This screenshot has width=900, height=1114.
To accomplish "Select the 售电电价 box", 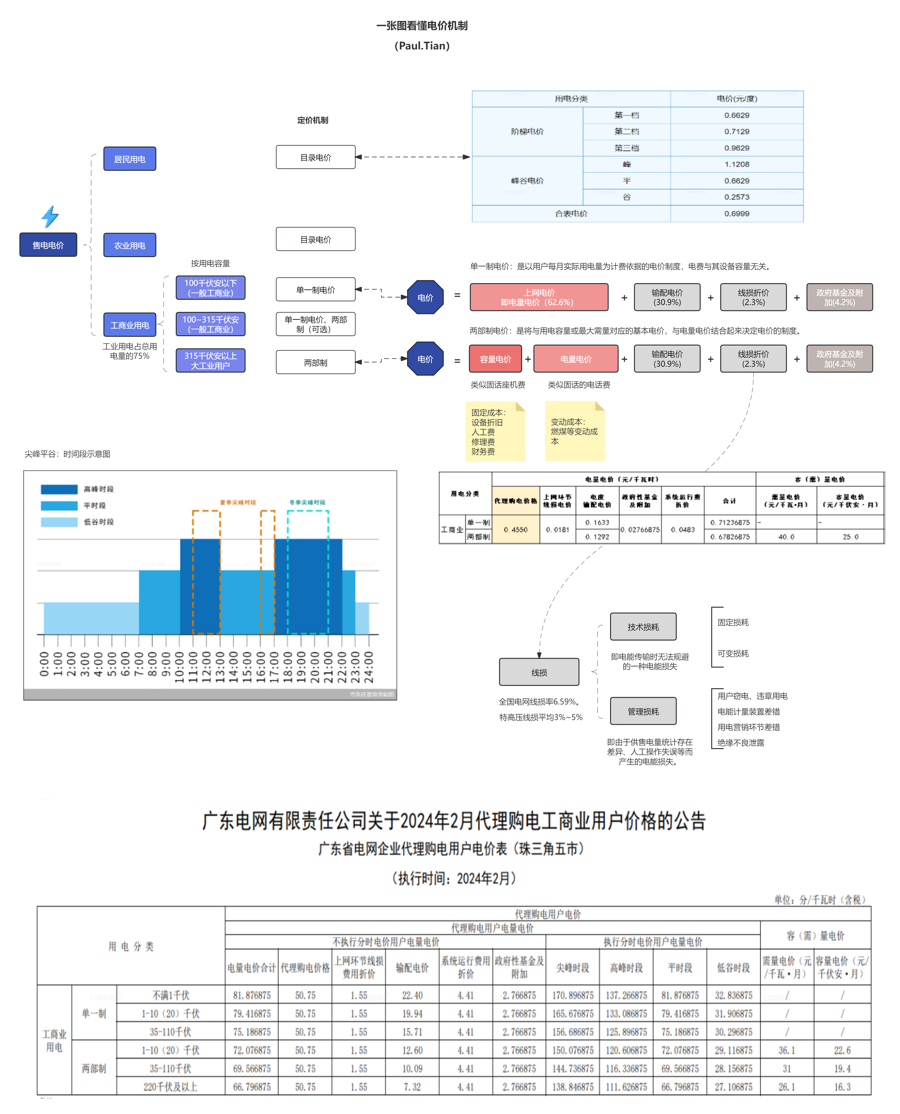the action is (x=48, y=245).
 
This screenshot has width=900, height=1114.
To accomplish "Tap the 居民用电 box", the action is (x=130, y=159).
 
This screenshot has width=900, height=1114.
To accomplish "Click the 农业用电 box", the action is (x=130, y=245).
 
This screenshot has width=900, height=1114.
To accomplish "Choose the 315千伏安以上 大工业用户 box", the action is (x=211, y=360).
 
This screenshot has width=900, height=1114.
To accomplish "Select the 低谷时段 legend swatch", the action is (x=59, y=522).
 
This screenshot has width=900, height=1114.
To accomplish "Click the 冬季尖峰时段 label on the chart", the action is (x=307, y=502).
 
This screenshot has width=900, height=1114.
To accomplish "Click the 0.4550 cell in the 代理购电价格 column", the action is (x=515, y=529).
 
